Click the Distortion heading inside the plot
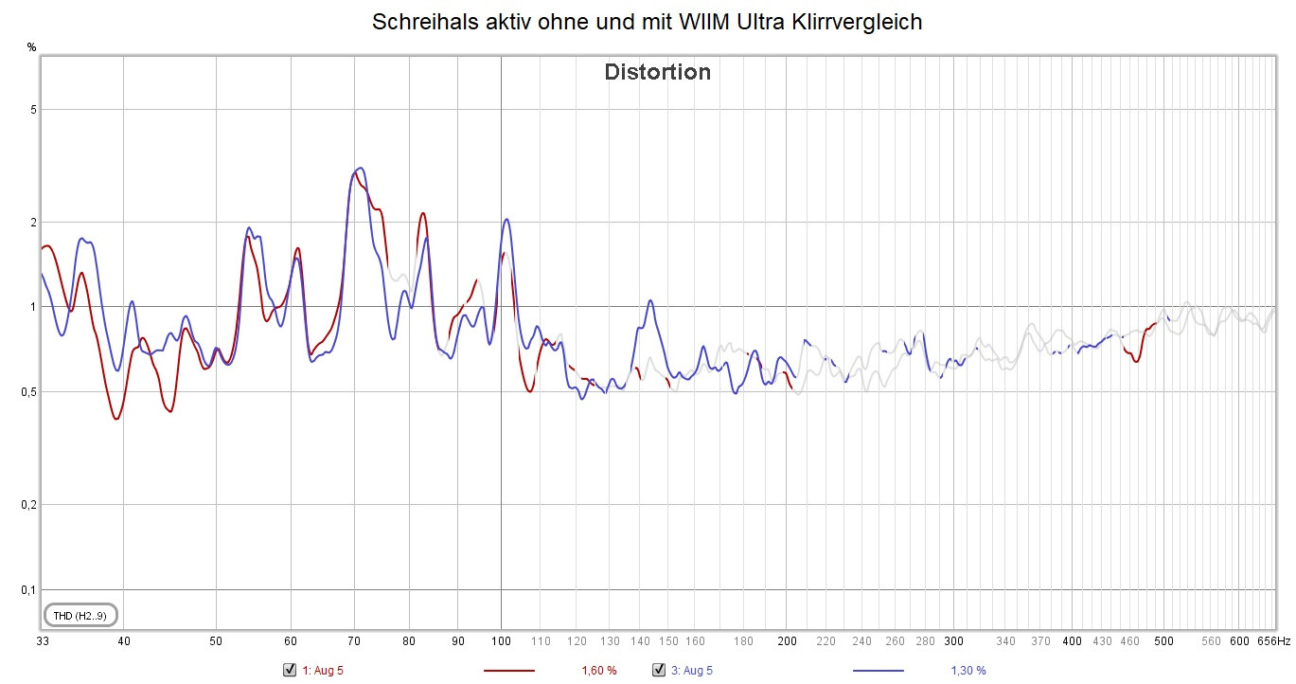[x=657, y=72]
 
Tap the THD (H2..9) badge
[x=80, y=616]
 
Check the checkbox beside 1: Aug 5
[x=291, y=670]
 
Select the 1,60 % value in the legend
[x=598, y=671]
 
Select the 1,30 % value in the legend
[x=968, y=671]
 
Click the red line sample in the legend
[x=509, y=671]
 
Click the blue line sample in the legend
[x=879, y=671]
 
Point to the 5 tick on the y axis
[x=32, y=110]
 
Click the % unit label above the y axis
[x=31, y=46]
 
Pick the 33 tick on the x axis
[x=43, y=641]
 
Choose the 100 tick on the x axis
[x=501, y=641]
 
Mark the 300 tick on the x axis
[x=954, y=641]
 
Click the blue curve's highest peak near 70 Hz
[x=359, y=168]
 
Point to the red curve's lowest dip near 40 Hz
[x=116, y=419]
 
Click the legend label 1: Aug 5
[x=322, y=671]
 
